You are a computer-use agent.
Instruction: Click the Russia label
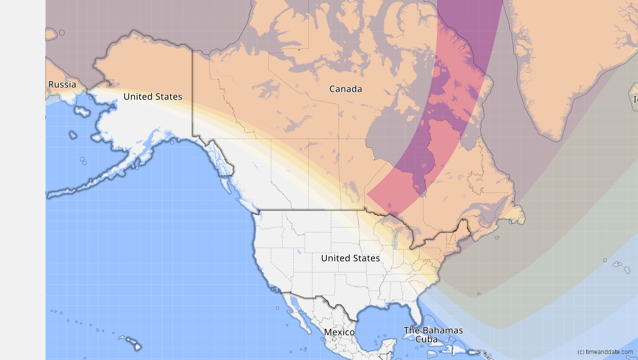point(62,84)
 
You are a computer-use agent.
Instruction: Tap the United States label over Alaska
point(153,96)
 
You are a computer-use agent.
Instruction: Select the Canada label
point(345,89)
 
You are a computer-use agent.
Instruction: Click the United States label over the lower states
point(350,258)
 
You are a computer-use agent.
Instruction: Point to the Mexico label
point(339,332)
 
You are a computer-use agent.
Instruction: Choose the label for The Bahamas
point(433,330)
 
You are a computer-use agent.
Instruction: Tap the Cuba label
point(426,339)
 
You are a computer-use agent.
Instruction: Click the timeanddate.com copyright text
point(604,352)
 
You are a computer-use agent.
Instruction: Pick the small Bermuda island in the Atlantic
point(479,293)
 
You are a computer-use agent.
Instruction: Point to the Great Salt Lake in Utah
point(298,252)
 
